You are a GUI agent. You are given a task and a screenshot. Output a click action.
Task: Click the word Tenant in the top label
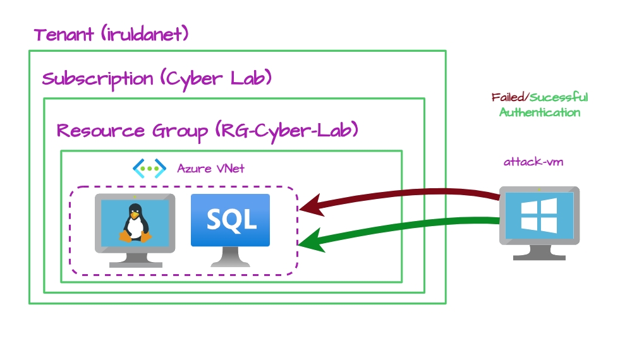[x=64, y=34]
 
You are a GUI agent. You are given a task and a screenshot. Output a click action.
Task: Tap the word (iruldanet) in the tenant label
[x=145, y=33]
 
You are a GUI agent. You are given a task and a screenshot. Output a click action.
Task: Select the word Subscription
[x=97, y=80]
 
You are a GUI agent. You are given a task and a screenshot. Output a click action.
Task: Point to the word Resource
[x=101, y=130]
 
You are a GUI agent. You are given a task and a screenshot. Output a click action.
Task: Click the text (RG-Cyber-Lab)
[x=287, y=130]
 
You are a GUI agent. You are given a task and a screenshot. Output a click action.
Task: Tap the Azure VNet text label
[x=210, y=169]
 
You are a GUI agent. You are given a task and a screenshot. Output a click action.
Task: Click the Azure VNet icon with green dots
[x=149, y=169]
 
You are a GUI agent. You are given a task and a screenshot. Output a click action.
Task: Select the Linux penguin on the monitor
[x=135, y=223]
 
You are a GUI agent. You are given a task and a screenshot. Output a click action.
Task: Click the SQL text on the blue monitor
[x=232, y=219]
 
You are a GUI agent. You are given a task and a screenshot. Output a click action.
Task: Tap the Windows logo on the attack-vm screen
[x=539, y=215]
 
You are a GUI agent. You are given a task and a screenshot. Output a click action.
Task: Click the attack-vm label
[x=533, y=162]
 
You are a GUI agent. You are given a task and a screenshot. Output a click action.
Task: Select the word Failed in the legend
[x=508, y=97]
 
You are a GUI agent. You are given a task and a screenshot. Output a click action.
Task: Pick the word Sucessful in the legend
[x=559, y=97]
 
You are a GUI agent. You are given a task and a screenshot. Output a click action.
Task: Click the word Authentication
[x=540, y=112]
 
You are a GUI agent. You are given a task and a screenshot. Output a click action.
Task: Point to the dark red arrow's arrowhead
[x=312, y=205]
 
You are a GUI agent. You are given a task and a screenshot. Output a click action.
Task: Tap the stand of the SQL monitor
[x=231, y=257]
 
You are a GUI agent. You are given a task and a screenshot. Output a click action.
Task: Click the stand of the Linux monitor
[x=136, y=260]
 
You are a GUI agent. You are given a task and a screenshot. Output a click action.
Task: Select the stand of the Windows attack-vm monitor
[x=539, y=253]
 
